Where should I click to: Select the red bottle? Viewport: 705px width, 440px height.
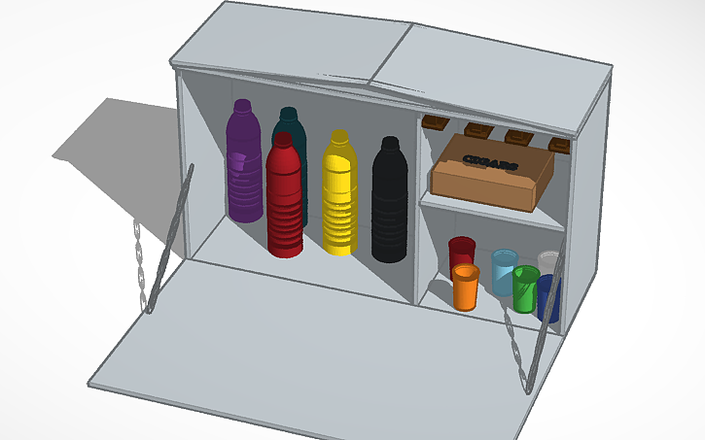(x=285, y=204)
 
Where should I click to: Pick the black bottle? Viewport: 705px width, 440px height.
(x=390, y=204)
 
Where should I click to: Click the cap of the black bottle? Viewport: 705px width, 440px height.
(x=390, y=143)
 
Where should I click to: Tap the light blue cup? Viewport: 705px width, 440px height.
(x=503, y=271)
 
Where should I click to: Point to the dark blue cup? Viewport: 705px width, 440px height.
(x=547, y=296)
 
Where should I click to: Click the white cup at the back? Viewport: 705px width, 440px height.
(x=549, y=262)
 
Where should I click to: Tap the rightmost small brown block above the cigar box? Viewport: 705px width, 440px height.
(x=559, y=145)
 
